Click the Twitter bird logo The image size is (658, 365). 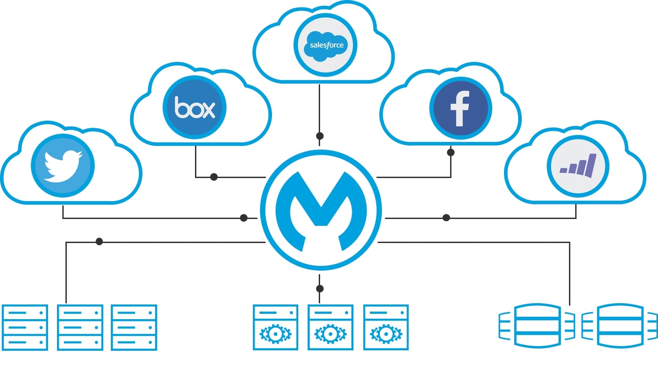point(63,166)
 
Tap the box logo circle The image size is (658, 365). point(195,107)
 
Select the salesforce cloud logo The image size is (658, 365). point(326,45)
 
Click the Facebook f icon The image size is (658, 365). point(460,108)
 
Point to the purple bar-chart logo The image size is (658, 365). point(578,166)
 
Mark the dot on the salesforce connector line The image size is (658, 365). point(320,136)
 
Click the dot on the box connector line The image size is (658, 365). point(214,177)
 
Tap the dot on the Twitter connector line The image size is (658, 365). point(244,218)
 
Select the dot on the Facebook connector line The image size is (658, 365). point(451,152)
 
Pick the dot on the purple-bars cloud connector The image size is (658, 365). point(447,218)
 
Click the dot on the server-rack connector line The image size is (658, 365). point(99,242)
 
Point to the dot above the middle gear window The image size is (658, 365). point(320,288)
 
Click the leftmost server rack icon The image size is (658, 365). point(25,327)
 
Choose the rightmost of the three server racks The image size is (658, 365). point(134,327)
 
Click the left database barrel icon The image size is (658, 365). point(537,326)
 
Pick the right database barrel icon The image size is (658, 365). point(620,326)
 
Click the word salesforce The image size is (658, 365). point(327,45)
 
